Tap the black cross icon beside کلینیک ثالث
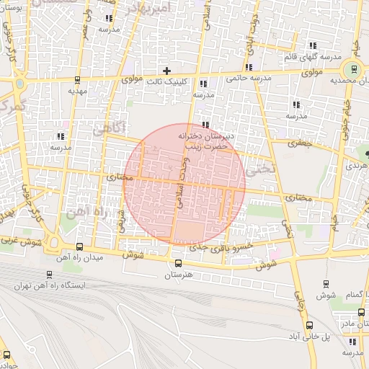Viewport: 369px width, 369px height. click(166, 71)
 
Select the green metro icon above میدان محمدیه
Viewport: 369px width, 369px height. click(352, 70)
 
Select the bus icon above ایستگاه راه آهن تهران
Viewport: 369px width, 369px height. click(49, 274)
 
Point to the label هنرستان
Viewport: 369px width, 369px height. click(179, 275)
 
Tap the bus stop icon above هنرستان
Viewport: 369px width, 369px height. click(179, 263)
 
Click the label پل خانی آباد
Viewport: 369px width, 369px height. click(309, 337)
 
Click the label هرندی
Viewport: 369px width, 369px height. click(356, 165)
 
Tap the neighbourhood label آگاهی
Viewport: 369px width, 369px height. click(110, 128)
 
